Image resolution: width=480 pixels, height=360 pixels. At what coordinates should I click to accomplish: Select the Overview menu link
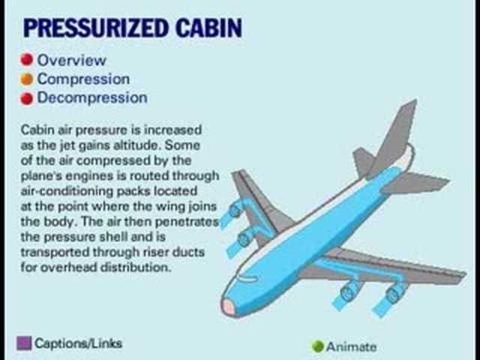(x=72, y=60)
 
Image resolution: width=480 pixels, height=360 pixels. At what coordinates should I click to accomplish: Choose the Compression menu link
(x=83, y=79)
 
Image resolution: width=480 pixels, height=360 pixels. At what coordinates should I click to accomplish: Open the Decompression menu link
(x=92, y=97)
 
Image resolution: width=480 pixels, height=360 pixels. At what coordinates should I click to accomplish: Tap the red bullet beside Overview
(x=27, y=60)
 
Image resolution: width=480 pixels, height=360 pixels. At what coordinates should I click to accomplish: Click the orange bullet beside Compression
(x=27, y=79)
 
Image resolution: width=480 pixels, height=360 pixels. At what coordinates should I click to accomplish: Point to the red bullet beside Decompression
(x=27, y=97)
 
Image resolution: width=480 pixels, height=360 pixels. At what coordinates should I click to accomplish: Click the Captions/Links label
(x=78, y=343)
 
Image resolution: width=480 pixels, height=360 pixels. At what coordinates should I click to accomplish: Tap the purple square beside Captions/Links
(x=23, y=343)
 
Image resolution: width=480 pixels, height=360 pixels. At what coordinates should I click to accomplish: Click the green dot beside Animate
(x=317, y=346)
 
